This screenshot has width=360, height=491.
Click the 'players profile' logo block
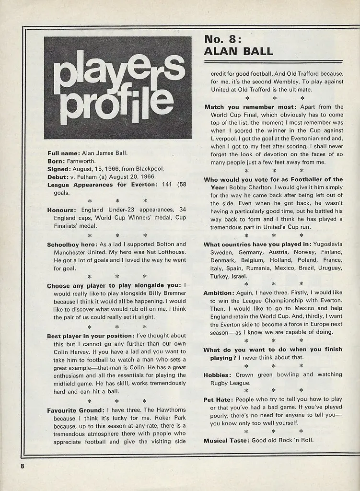pos(117,88)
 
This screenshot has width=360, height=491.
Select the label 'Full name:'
pos(64,153)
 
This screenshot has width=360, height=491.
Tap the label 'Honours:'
pos(62,210)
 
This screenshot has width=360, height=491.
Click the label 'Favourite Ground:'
pos(75,410)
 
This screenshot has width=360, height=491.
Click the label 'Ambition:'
pos(219,292)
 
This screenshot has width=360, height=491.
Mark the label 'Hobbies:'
pos(218,374)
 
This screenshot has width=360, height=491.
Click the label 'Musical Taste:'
pos(226,440)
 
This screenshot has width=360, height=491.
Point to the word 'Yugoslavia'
pos(328,244)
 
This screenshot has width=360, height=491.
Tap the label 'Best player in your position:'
pos(91,336)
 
